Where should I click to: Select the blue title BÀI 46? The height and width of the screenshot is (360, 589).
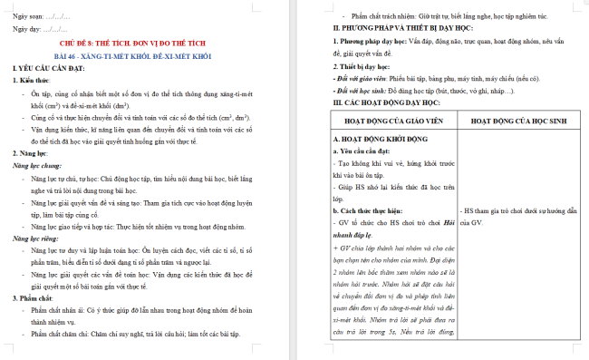(x=145, y=55)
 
